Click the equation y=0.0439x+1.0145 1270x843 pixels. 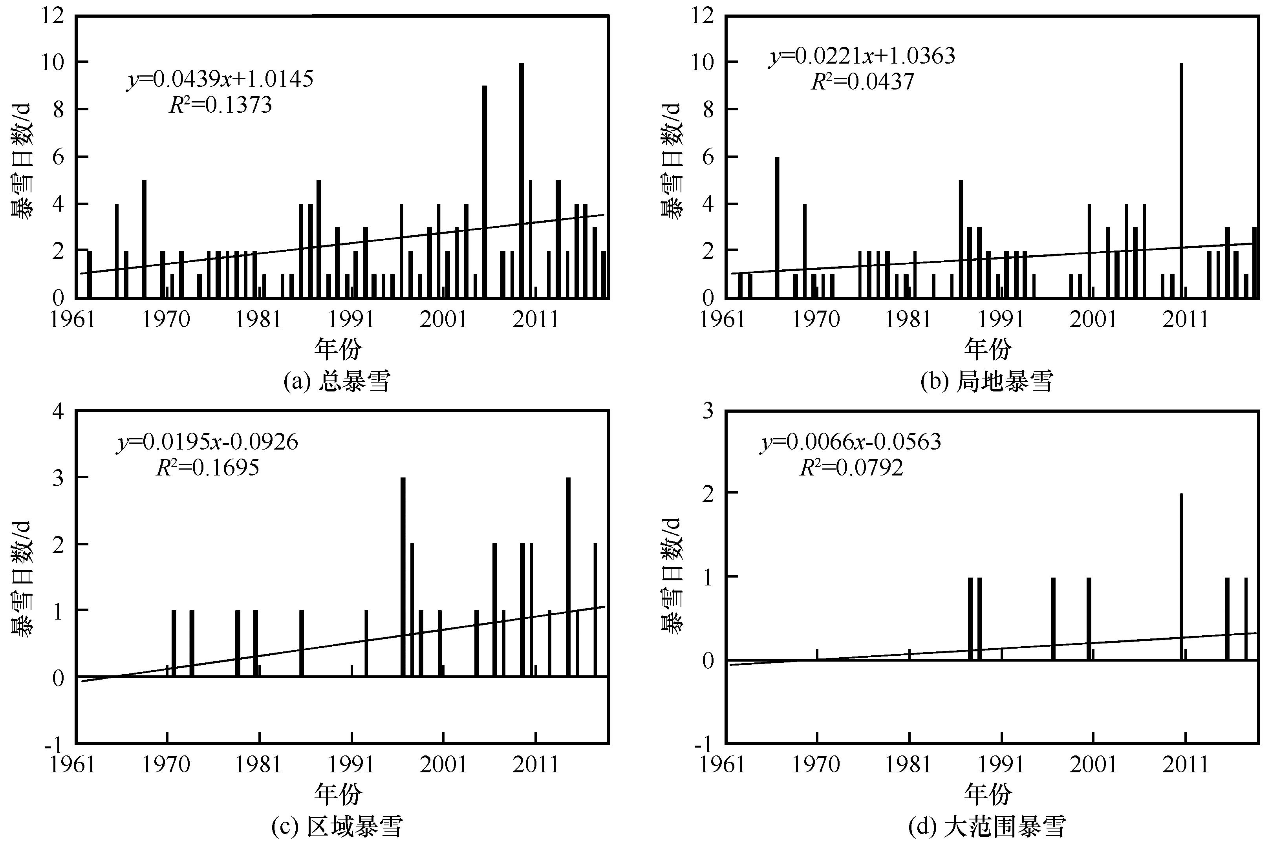tap(220, 80)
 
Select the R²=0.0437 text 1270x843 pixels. tap(862, 82)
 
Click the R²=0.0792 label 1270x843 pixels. tap(851, 468)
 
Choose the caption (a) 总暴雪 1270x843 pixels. tap(337, 381)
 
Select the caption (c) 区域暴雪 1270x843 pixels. tap(337, 827)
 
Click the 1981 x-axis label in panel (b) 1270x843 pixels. tap(909, 319)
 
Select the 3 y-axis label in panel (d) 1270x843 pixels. tap(708, 411)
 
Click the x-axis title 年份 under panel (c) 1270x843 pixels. tap(338, 794)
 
